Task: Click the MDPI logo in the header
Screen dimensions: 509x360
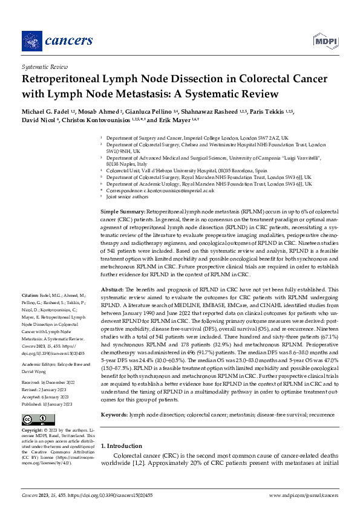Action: click(x=325, y=41)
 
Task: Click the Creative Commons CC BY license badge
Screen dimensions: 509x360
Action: click(x=34, y=403)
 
